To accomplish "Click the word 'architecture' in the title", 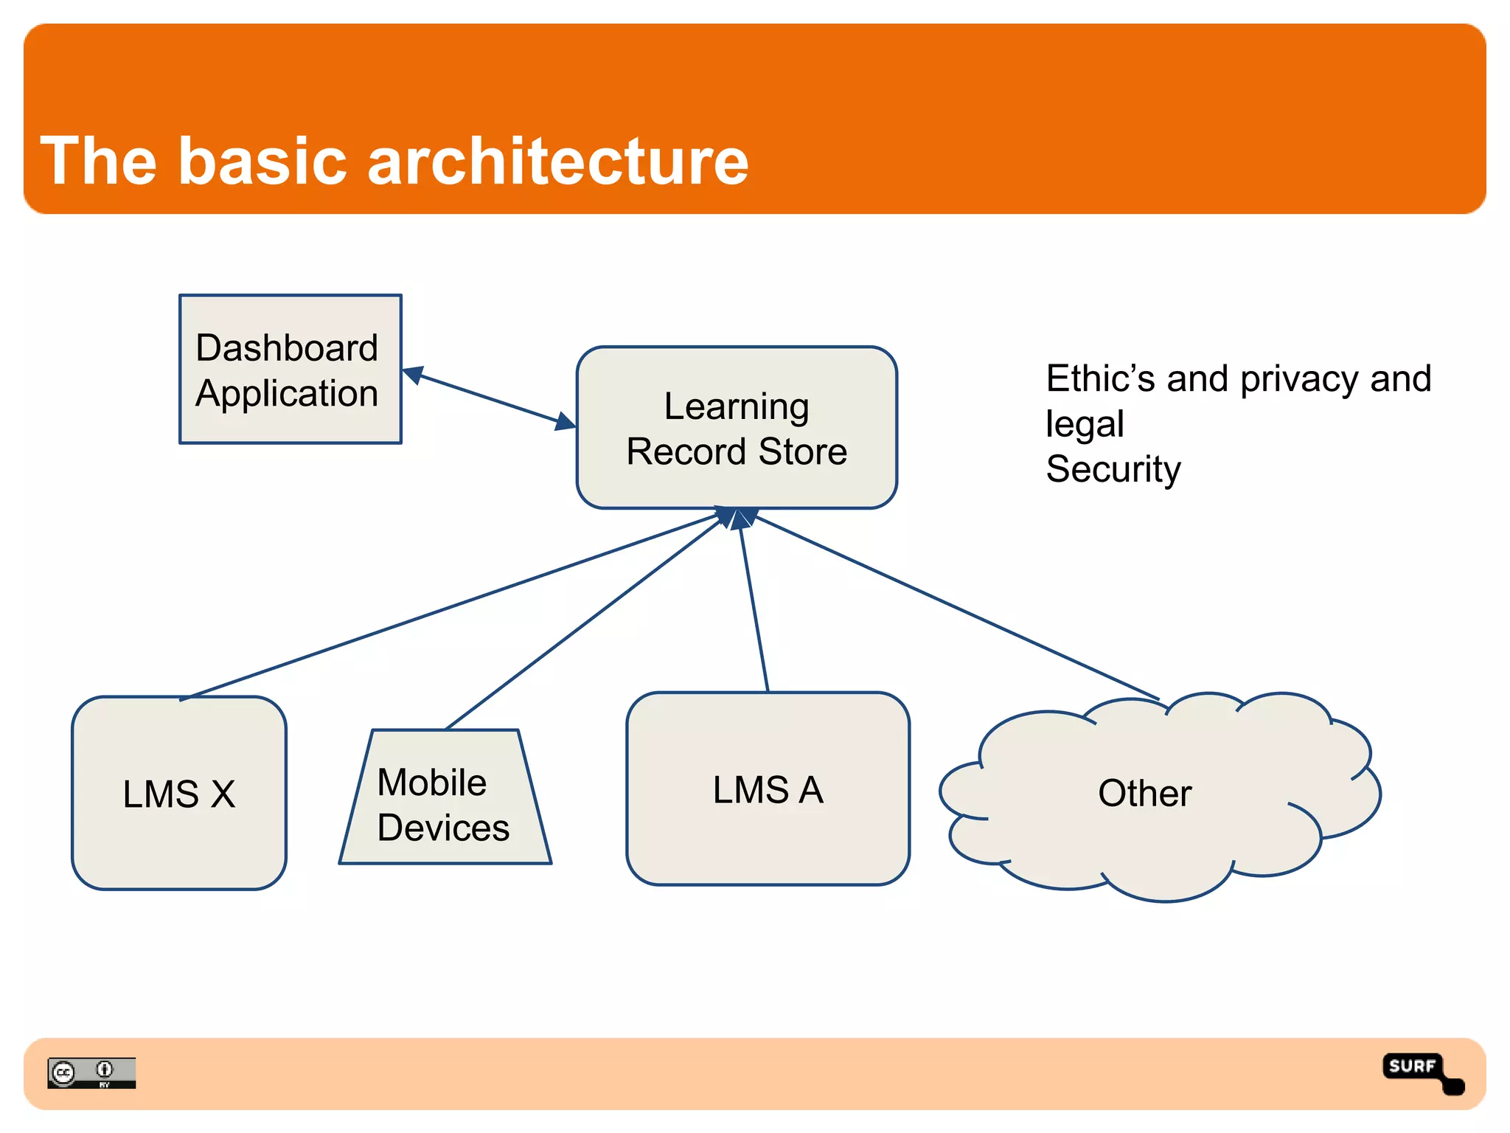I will [x=557, y=162].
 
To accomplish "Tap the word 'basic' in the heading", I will [x=262, y=162].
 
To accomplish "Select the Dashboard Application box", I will [x=290, y=369].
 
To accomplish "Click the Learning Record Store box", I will [x=736, y=428].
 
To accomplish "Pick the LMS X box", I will [x=179, y=794].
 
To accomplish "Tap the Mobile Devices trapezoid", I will [x=445, y=804].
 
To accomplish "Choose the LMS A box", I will [x=767, y=789].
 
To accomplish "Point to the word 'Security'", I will [x=1113, y=469].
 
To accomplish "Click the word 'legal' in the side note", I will [x=1085, y=424].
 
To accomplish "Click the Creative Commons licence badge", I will [x=91, y=1073].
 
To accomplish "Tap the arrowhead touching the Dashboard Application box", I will [x=412, y=375].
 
